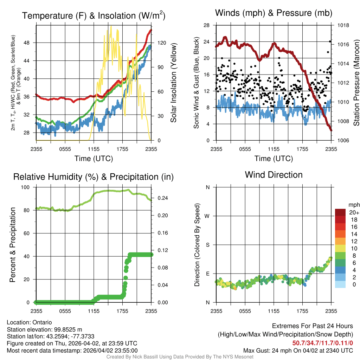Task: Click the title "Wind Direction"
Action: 274,175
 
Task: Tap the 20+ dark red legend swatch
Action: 341,212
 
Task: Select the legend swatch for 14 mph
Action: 341,234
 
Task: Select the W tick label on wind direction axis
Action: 207,216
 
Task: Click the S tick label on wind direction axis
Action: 207,245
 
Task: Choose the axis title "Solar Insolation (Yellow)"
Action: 174,83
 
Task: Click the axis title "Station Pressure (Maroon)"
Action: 356,83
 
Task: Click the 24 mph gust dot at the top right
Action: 330,41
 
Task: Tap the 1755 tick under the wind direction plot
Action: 302,311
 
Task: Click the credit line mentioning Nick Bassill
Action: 180,357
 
